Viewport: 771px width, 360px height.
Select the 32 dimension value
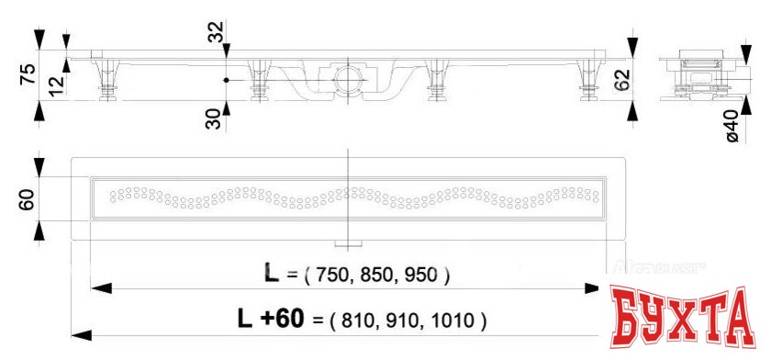[216, 35]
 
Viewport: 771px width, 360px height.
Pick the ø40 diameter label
[732, 125]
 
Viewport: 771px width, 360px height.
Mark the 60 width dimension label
[27, 199]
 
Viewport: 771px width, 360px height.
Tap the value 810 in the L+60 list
[359, 321]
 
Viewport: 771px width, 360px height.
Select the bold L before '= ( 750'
[271, 274]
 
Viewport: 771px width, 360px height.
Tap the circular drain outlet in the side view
[348, 78]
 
